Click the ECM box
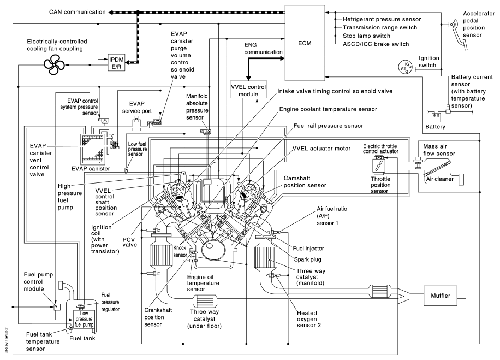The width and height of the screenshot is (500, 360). coord(305,43)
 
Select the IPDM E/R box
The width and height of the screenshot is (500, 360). coord(116,63)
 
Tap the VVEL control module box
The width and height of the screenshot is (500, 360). coord(248,90)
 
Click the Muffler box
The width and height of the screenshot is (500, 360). coord(441,296)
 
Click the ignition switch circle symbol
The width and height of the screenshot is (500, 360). coord(404,67)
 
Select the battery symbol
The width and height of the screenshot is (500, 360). coord(436,117)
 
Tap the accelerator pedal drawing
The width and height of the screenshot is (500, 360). coord(457,34)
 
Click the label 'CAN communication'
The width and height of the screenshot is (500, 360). coord(77,12)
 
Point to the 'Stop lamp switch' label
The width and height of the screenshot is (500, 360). coord(366,36)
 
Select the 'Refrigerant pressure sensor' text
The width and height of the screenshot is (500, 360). coord(382,19)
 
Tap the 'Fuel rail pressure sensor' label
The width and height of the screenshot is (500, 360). coord(328,126)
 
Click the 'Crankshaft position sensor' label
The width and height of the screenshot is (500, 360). coord(158,317)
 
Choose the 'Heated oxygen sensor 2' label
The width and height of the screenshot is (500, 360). coord(308,319)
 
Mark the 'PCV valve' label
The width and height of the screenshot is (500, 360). coord(130,242)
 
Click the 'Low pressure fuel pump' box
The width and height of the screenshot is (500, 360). coord(84,319)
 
